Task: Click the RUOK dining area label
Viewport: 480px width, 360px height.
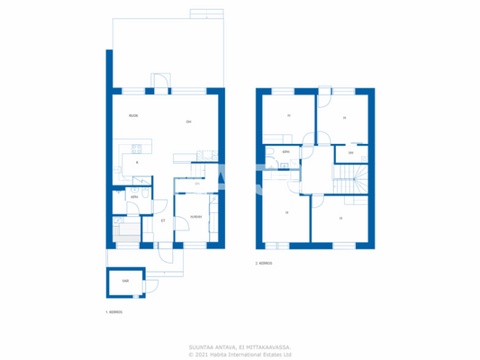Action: tap(132, 116)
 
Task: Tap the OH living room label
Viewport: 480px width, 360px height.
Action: tap(188, 121)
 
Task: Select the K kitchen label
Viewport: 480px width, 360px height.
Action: tap(136, 162)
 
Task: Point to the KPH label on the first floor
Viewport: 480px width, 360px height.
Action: tap(133, 196)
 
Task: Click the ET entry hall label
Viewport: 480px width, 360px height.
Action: tap(162, 220)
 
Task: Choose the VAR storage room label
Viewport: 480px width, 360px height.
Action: tap(124, 281)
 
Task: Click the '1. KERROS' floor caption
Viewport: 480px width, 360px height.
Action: tap(113, 312)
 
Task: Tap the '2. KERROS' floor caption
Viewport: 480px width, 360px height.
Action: tap(263, 264)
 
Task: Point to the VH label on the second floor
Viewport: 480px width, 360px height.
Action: tap(350, 153)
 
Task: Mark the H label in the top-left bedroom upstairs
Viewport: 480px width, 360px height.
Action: tap(288, 116)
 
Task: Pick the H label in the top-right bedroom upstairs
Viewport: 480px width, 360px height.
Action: tap(343, 118)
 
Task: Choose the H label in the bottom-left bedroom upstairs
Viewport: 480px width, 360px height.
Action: tap(285, 212)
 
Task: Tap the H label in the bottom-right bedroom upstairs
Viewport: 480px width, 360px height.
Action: tap(340, 218)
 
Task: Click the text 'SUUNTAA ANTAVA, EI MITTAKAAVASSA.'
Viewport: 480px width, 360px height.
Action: tap(240, 346)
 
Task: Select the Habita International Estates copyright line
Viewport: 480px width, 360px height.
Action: tap(240, 354)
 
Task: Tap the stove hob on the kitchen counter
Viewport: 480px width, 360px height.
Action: tap(136, 148)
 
